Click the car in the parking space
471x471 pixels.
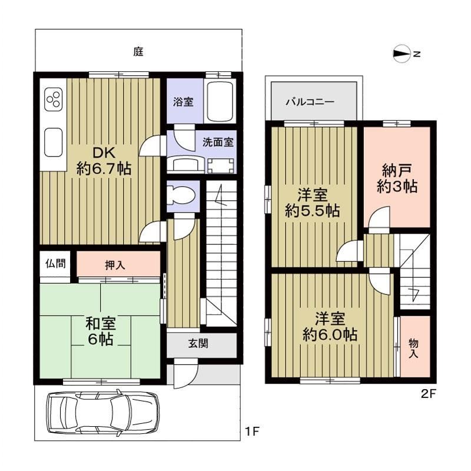pyautogui.click(x=102, y=413)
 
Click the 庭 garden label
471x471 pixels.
pyautogui.click(x=138, y=52)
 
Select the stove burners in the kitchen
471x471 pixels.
pyautogui.click(x=54, y=99)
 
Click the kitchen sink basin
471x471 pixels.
pyautogui.click(x=54, y=142)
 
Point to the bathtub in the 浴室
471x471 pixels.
pyautogui.click(x=220, y=101)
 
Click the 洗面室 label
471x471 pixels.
pyautogui.click(x=218, y=142)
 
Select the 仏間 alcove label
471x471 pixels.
pyautogui.click(x=55, y=263)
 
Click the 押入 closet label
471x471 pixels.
pyautogui.click(x=115, y=265)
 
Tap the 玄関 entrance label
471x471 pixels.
pyautogui.click(x=198, y=343)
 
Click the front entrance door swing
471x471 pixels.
pyautogui.click(x=185, y=376)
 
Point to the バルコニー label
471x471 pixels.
pyautogui.click(x=310, y=102)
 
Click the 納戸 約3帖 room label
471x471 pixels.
pyautogui.click(x=397, y=179)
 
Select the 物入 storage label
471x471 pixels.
pyautogui.click(x=413, y=348)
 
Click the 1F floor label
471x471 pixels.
pyautogui.click(x=252, y=432)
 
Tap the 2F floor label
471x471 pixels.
pyautogui.click(x=429, y=393)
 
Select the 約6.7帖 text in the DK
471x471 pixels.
pyautogui.click(x=104, y=168)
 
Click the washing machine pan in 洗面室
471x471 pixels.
pyautogui.click(x=221, y=166)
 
